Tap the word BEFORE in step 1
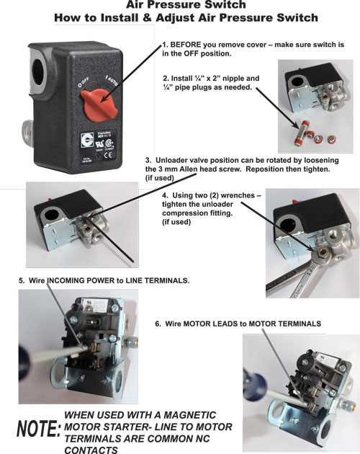click(x=190, y=45)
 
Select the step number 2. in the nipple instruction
click(x=166, y=78)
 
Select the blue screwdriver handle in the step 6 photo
click(x=253, y=386)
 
